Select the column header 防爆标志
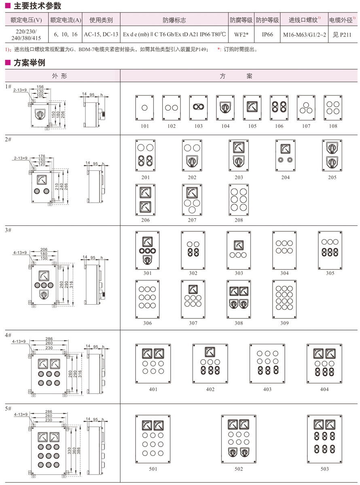[174, 20]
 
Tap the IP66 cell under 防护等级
[267, 35]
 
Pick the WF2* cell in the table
[241, 35]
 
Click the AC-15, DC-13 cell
[101, 35]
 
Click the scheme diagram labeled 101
[145, 108]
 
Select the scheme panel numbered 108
[333, 108]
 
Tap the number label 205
[332, 178]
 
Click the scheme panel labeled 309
[284, 300]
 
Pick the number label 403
[267, 389]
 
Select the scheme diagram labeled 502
[239, 439]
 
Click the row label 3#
[8, 230]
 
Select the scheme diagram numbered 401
[153, 364]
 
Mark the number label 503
[324, 469]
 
